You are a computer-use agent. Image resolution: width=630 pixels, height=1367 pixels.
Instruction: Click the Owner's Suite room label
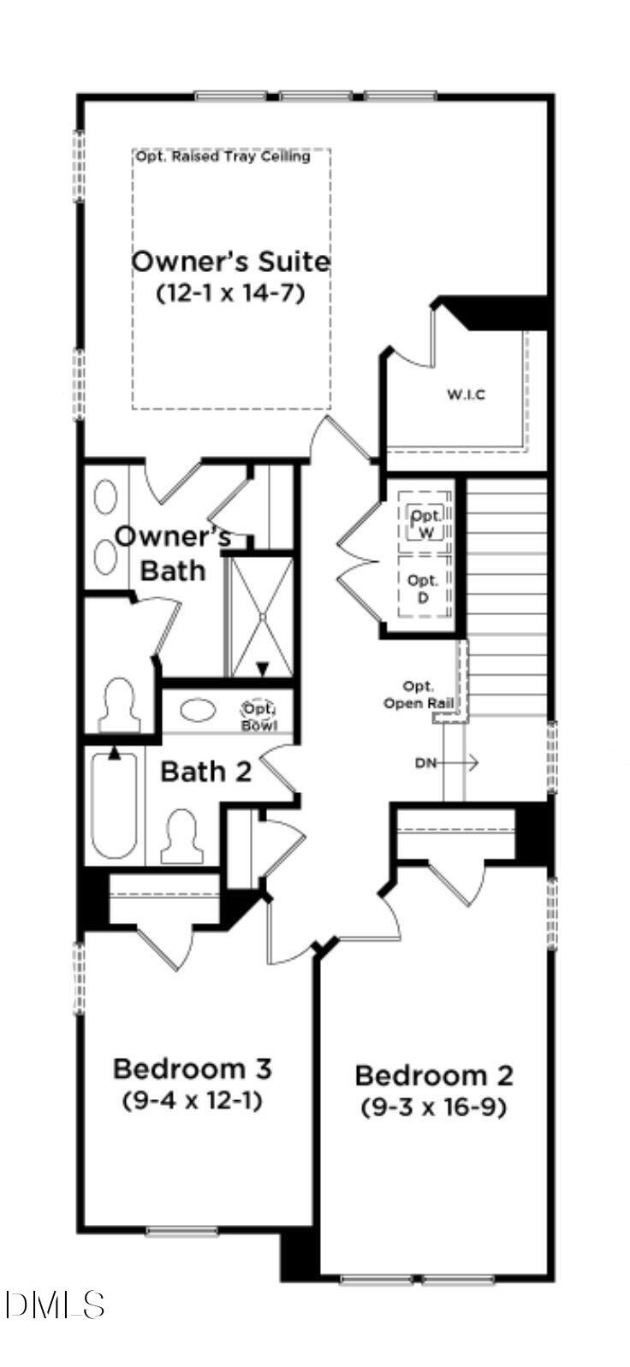230,261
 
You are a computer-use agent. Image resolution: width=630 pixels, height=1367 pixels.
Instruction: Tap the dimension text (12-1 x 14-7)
230,293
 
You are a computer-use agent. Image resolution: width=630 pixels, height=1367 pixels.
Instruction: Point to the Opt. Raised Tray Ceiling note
223,157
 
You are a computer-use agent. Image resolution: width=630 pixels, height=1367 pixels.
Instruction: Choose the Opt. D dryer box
423,587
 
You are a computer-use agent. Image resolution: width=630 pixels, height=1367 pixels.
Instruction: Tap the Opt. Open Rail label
419,695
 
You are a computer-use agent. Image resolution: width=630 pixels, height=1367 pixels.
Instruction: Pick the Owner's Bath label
173,553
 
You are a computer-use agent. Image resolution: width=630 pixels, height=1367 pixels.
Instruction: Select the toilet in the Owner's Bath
119,704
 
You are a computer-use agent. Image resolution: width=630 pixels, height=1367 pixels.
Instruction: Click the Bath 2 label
206,772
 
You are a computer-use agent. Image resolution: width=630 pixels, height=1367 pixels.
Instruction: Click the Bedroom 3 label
193,1068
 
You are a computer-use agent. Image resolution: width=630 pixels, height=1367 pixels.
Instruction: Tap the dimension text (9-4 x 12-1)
193,1099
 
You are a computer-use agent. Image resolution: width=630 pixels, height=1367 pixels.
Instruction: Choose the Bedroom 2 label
434,1075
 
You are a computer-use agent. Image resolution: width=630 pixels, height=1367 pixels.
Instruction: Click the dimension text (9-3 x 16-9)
434,1107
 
